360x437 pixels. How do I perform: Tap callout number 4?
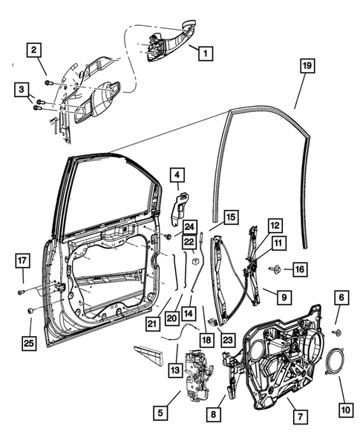tap(177, 175)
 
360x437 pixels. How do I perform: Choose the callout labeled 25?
tap(30, 342)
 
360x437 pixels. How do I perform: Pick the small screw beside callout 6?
tap(336, 332)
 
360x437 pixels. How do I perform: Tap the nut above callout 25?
tap(30, 310)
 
